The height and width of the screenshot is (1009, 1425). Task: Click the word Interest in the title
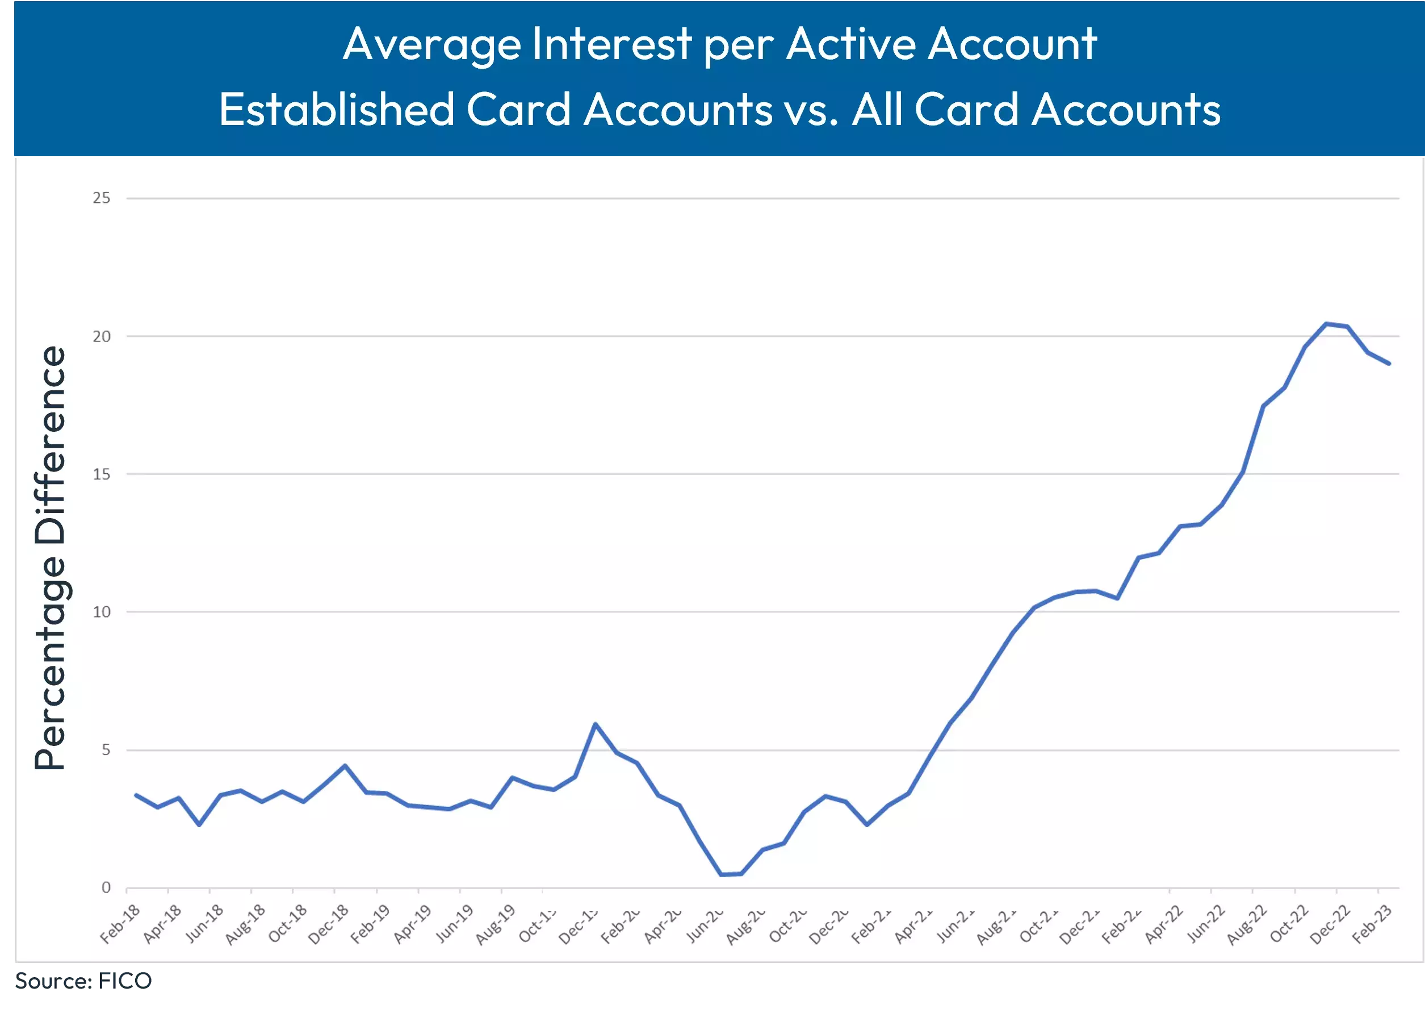pyautogui.click(x=611, y=45)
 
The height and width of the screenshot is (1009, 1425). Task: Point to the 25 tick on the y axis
pyautogui.click(x=101, y=198)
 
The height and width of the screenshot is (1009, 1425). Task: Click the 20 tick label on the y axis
pyautogui.click(x=101, y=337)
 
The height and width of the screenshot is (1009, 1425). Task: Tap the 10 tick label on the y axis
pyautogui.click(x=101, y=612)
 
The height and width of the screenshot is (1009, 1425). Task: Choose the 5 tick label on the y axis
pyautogui.click(x=106, y=751)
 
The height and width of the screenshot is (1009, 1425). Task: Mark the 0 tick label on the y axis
pyautogui.click(x=106, y=888)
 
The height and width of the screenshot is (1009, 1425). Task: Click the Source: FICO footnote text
pyautogui.click(x=83, y=981)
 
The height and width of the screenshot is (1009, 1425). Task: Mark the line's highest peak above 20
pyautogui.click(x=1326, y=324)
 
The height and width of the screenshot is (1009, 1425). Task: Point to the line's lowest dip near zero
pyautogui.click(x=722, y=874)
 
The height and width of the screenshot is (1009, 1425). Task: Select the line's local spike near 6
pyautogui.click(x=596, y=724)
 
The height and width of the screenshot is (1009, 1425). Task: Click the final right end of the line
pyautogui.click(x=1389, y=364)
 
